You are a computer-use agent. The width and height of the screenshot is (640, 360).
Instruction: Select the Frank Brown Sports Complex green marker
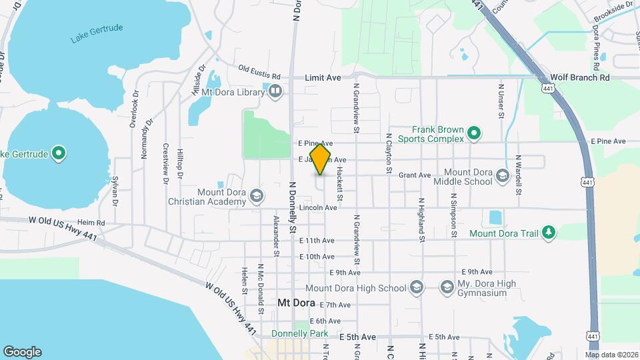(x=474, y=134)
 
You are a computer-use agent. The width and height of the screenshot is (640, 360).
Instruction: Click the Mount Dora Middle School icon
(x=503, y=177)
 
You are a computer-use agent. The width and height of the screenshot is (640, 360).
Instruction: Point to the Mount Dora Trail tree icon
(x=549, y=233)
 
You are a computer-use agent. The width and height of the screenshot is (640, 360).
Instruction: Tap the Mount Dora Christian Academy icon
(x=257, y=196)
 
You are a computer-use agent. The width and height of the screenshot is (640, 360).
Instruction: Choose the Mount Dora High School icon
(x=417, y=288)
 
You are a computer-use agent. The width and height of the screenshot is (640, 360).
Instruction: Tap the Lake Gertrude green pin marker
(x=59, y=154)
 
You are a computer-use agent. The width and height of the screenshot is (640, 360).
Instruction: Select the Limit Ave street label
(x=323, y=78)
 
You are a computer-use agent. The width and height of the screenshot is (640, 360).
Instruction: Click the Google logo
(x=22, y=351)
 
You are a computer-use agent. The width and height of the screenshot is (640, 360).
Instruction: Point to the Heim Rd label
(x=91, y=223)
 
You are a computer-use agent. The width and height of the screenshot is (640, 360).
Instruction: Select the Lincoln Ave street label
(x=318, y=208)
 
